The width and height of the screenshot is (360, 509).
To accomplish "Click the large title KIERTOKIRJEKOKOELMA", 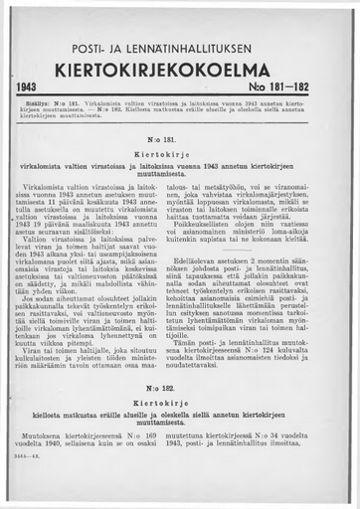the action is pyautogui.click(x=180, y=73).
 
